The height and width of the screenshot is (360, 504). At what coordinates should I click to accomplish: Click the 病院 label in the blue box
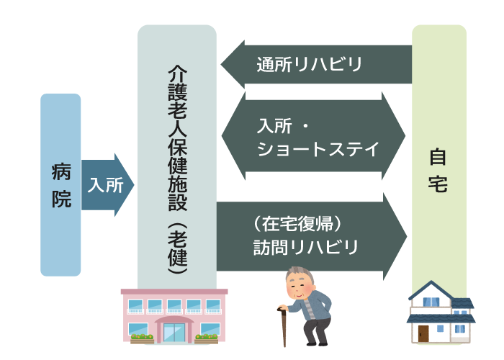(x=61, y=186)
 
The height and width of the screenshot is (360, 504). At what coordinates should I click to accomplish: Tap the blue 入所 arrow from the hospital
(x=108, y=185)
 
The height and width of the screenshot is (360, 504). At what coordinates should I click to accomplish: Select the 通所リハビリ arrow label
(x=309, y=64)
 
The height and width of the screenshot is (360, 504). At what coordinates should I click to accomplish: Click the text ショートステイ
(x=318, y=149)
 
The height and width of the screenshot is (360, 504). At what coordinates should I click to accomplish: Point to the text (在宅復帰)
(x=297, y=224)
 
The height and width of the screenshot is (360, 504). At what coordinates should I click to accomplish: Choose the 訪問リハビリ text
(x=306, y=247)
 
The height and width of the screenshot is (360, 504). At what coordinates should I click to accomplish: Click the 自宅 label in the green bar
(x=438, y=170)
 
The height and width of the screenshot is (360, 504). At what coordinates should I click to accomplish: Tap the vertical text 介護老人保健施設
(x=177, y=138)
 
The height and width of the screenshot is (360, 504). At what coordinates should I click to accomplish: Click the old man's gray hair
(x=300, y=273)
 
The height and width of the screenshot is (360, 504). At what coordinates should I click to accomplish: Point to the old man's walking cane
(x=283, y=327)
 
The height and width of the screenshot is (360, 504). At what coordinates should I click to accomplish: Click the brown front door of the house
(x=423, y=334)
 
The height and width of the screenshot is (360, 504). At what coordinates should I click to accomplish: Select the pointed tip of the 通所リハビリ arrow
(x=221, y=64)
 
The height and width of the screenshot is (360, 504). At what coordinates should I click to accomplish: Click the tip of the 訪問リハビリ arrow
(x=407, y=237)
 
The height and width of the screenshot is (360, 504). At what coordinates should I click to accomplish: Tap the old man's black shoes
(x=317, y=343)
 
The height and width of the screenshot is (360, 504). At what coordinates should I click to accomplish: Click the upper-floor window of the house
(x=431, y=302)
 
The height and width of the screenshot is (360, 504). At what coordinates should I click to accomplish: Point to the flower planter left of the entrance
(x=142, y=339)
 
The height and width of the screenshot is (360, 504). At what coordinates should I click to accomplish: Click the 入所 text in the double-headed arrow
(x=274, y=126)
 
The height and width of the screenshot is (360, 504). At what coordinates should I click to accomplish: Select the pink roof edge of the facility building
(x=174, y=292)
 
